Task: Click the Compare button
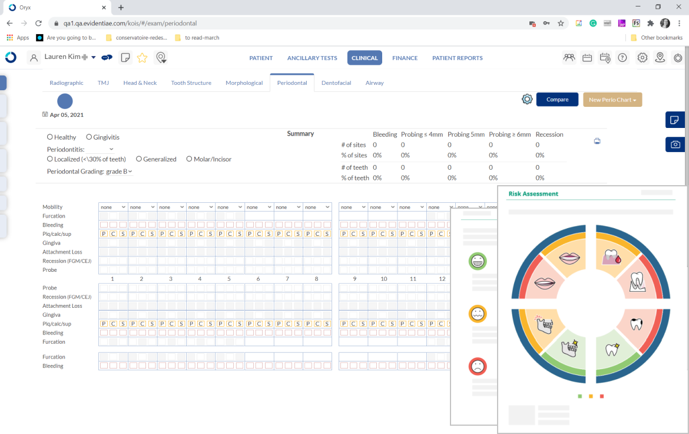[x=557, y=100]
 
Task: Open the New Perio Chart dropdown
[x=612, y=100]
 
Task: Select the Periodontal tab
[x=292, y=83]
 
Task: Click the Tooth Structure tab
[x=191, y=83]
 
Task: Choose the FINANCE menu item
[x=405, y=58]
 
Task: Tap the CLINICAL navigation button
[x=365, y=58]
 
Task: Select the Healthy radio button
[x=50, y=137]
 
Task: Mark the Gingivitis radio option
[x=89, y=137]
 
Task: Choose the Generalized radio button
[x=139, y=159]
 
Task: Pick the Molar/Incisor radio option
[x=190, y=159]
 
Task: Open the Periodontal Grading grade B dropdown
[x=119, y=172]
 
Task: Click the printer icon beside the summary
[x=597, y=141]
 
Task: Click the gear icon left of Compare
[x=527, y=99]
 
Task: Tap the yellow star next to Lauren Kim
[x=142, y=58]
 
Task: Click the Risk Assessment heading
[x=533, y=193]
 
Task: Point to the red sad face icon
[x=478, y=366]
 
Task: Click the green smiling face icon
[x=478, y=261]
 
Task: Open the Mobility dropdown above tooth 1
[x=113, y=207]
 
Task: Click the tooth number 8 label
[x=316, y=279]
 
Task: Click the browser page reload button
[x=38, y=24]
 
